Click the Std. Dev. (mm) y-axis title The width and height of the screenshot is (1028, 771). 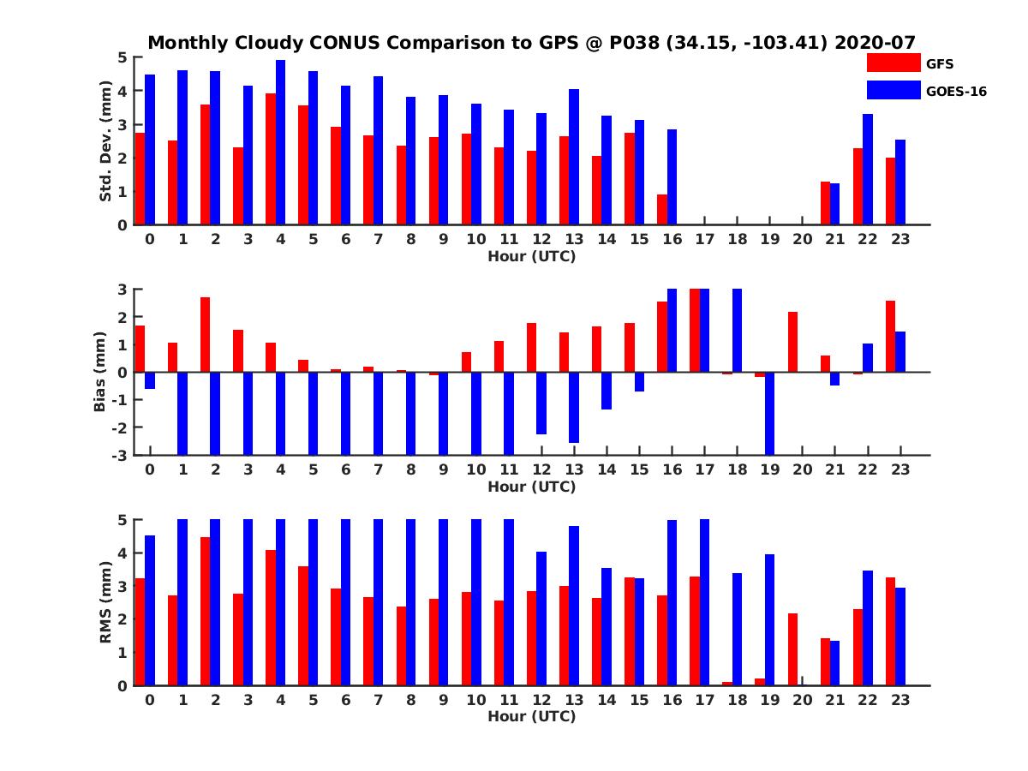coord(106,141)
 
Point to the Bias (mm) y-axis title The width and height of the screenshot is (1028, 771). coord(99,372)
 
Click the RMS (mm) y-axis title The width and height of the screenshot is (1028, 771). coord(106,602)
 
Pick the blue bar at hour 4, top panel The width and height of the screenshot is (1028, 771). coord(280,142)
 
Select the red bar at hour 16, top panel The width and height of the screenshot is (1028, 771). coord(662,210)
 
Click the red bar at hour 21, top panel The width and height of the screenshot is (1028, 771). coord(825,203)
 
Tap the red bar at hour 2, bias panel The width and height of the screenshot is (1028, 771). coord(206,334)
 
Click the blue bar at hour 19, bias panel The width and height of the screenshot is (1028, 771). coord(769,413)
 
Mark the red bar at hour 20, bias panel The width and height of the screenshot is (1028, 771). coord(792,342)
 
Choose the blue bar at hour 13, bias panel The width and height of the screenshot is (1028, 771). coord(573,407)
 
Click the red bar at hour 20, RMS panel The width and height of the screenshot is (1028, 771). coord(792,649)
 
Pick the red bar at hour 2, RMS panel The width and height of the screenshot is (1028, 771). coord(206,611)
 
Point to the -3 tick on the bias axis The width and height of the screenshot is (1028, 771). coord(122,455)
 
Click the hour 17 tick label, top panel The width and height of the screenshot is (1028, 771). coord(703,239)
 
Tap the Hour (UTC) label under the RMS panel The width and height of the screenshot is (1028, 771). coord(531,716)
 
